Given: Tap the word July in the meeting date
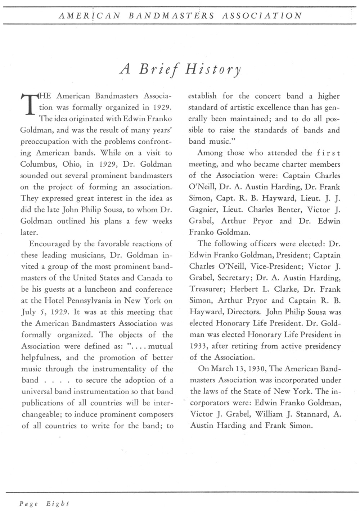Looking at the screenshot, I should click(x=28, y=312).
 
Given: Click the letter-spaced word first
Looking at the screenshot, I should click(x=328, y=153).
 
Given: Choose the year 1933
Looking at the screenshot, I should click(x=198, y=346).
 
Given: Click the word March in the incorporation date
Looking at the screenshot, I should click(x=223, y=369).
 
